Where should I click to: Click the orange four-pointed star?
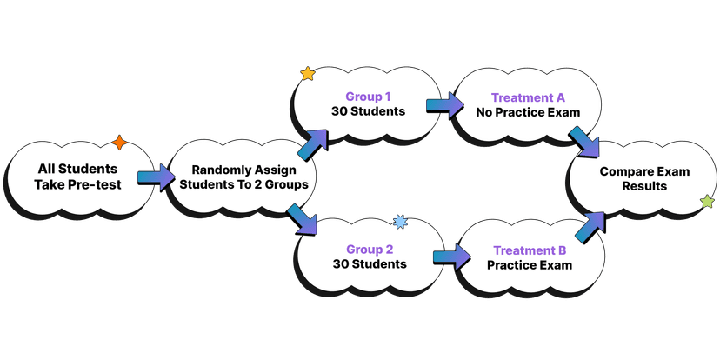119,143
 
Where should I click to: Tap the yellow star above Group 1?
307,74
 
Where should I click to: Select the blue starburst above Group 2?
400,223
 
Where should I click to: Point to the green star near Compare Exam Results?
707,202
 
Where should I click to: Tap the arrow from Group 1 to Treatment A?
443,106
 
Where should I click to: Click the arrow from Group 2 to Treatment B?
450,257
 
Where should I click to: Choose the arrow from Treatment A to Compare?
583,142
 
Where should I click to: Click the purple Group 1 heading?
370,97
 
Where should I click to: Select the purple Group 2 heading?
370,249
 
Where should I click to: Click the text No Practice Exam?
528,113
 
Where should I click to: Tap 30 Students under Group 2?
369,263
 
